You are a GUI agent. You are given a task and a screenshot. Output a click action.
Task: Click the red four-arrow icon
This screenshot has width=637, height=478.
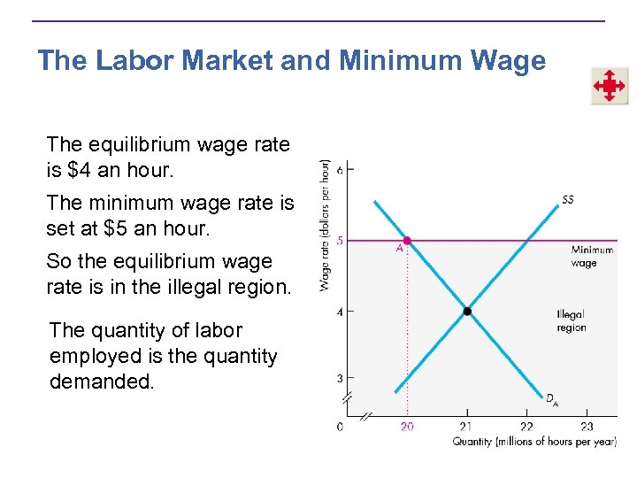pyautogui.click(x=609, y=87)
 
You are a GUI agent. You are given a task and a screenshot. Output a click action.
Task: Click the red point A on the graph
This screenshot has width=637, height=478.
pyautogui.click(x=407, y=240)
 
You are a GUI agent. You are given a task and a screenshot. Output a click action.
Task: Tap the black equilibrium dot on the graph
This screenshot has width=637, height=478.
pyautogui.click(x=467, y=311)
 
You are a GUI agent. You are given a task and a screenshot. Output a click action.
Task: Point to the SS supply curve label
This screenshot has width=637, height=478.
pyautogui.click(x=567, y=199)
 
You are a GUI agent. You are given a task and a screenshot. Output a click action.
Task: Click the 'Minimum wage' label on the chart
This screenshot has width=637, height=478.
pyautogui.click(x=591, y=256)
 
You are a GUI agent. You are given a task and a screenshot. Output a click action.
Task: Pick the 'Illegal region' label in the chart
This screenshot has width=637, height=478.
pyautogui.click(x=571, y=321)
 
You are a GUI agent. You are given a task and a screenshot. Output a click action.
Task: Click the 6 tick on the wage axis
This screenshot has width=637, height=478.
pyautogui.click(x=340, y=170)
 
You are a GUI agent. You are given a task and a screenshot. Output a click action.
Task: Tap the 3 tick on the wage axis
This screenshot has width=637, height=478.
pyautogui.click(x=340, y=379)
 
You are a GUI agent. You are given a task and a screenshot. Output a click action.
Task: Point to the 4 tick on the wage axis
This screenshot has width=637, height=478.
pyautogui.click(x=340, y=311)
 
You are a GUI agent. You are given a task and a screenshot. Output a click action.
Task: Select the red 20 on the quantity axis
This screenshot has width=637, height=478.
pyautogui.click(x=406, y=427)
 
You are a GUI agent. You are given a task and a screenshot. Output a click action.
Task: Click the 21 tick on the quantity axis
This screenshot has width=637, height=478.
pyautogui.click(x=467, y=427)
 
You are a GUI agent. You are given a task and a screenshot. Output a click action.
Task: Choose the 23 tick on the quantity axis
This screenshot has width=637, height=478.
pyautogui.click(x=586, y=427)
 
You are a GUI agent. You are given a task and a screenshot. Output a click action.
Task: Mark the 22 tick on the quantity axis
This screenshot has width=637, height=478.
pyautogui.click(x=526, y=427)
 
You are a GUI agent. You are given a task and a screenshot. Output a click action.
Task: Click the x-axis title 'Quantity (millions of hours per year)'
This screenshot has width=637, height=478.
pyautogui.click(x=533, y=442)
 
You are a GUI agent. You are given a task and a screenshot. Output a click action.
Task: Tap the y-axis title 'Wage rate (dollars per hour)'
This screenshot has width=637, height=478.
pyautogui.click(x=325, y=225)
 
